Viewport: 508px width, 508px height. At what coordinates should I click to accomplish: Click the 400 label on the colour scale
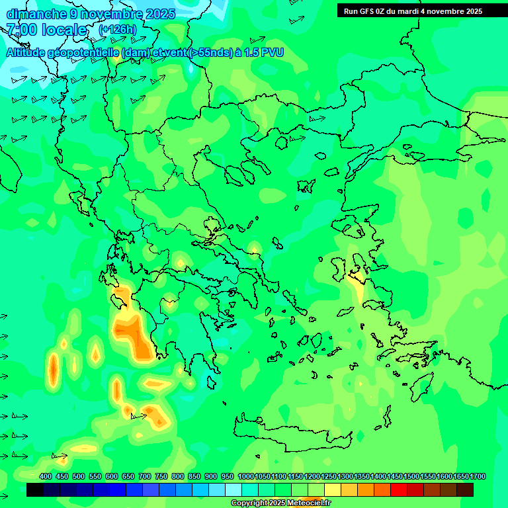(46, 476)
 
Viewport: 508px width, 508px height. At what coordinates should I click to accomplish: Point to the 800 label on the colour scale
(178, 476)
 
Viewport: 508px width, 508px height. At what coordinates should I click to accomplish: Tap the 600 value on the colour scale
(112, 476)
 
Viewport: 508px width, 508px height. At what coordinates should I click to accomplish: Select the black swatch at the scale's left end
(35, 490)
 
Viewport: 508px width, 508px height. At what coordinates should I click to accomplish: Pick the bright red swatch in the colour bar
(399, 490)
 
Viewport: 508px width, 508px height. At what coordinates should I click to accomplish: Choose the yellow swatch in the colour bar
(333, 490)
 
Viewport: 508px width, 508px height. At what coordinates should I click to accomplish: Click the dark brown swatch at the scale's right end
(465, 490)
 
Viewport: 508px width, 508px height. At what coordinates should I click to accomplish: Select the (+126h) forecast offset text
(117, 29)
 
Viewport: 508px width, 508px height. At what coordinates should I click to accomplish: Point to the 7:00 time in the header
(20, 30)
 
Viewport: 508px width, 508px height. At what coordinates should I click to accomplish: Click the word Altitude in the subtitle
(26, 52)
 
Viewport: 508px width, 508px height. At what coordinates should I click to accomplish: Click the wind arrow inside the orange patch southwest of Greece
(140, 416)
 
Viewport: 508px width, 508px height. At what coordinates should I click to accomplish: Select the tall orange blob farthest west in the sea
(53, 370)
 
